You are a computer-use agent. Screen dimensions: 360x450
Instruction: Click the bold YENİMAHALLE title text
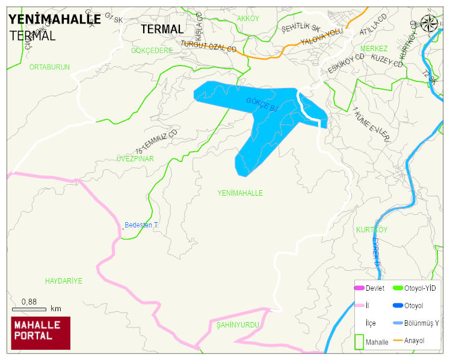(x=54, y=19)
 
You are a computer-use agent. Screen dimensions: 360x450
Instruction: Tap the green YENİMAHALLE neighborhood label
(x=240, y=193)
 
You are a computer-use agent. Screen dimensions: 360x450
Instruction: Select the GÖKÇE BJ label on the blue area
(x=262, y=104)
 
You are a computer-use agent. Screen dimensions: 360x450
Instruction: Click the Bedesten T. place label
(x=141, y=225)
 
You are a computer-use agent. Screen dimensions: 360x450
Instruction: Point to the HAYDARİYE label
(x=63, y=281)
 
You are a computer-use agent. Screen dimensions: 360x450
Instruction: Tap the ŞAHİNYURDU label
(x=238, y=324)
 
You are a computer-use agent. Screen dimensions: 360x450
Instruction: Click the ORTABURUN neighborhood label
(x=49, y=67)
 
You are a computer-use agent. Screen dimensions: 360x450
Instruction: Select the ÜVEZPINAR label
(x=135, y=159)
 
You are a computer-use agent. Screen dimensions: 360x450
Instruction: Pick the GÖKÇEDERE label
(x=152, y=51)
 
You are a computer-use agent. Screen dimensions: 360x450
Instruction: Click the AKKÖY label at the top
(x=247, y=19)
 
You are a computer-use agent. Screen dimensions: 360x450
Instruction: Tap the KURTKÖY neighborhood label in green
(x=371, y=230)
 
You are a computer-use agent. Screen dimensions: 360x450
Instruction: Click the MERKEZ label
(x=374, y=48)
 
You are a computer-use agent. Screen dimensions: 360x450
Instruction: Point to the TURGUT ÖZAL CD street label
(x=209, y=45)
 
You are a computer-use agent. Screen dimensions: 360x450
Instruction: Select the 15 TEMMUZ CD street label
(x=157, y=141)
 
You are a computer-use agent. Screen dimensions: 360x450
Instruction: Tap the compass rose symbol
(x=430, y=23)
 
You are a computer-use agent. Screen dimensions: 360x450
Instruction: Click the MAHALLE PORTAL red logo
(x=41, y=333)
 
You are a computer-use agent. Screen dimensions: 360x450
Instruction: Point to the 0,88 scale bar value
(x=29, y=302)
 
